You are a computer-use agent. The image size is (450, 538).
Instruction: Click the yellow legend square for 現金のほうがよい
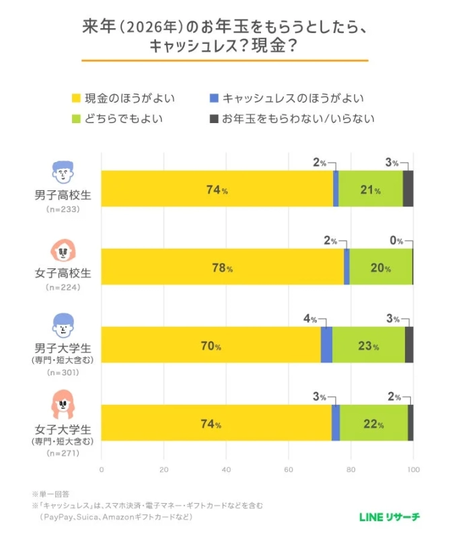[75, 98]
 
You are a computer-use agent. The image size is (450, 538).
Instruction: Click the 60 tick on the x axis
[288, 469]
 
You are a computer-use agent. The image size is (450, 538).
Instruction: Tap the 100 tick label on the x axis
[412, 469]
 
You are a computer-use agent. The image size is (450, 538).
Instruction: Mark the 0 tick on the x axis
[101, 469]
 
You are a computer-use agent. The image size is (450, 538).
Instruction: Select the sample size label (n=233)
[63, 210]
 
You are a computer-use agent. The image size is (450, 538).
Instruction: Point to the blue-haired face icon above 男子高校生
[63, 173]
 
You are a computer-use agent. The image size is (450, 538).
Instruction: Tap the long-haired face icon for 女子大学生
[63, 406]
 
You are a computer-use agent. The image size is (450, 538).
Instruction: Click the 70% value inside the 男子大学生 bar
[210, 346]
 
